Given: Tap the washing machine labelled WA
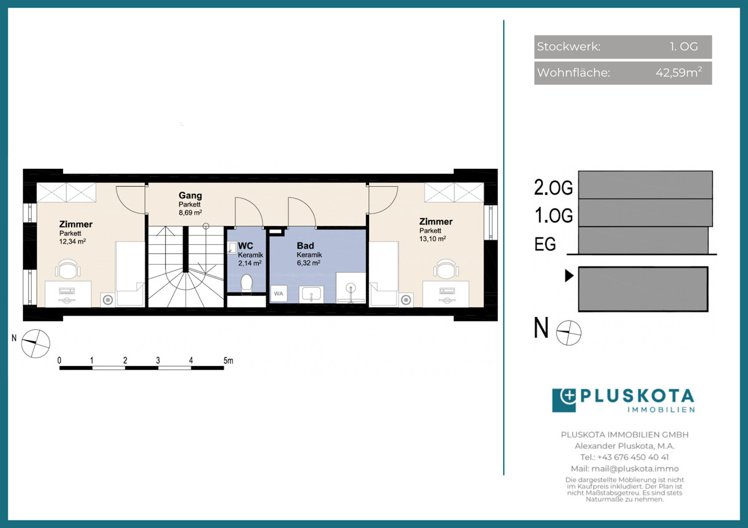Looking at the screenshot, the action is (279, 293).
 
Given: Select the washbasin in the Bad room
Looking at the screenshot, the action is (311, 294).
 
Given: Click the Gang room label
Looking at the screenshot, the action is (190, 195).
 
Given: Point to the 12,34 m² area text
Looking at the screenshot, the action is (72, 241).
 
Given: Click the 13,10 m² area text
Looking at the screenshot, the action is (433, 238).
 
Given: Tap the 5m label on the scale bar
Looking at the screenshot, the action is (228, 361).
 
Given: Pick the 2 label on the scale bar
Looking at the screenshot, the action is (125, 361).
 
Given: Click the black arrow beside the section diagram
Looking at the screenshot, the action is (569, 275).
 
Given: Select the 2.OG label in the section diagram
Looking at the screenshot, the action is (554, 187).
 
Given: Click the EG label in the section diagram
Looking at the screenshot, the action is (545, 244).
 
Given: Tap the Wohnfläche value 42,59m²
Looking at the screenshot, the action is (679, 72).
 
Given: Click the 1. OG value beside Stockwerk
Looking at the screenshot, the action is (684, 46).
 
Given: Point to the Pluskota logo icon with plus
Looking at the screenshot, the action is (563, 400).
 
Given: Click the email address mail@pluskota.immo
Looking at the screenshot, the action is (635, 469).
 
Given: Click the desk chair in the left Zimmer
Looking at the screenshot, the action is (68, 268).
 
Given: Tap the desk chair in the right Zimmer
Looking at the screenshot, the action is (446, 268).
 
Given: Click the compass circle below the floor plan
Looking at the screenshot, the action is (36, 344).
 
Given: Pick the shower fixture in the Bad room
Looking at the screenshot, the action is (350, 288).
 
